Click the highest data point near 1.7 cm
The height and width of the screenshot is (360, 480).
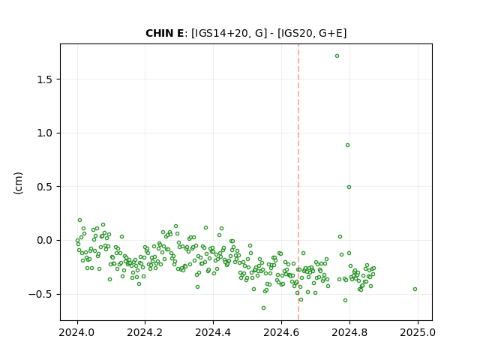(x=337, y=56)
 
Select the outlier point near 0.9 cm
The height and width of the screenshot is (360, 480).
(x=347, y=145)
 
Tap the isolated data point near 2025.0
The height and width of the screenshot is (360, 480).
(x=415, y=289)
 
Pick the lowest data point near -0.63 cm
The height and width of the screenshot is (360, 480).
(x=263, y=308)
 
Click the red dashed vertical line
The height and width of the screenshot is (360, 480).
(x=298, y=182)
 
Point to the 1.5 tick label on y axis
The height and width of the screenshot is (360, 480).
(x=45, y=79)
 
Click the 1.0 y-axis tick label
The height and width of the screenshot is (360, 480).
(x=45, y=133)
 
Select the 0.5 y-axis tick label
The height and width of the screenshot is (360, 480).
(x=45, y=187)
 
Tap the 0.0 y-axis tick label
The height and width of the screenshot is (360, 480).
(x=45, y=240)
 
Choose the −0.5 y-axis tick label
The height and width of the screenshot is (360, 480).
(x=40, y=294)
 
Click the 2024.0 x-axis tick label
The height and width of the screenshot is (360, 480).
(x=77, y=332)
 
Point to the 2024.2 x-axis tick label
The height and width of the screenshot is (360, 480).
(x=145, y=332)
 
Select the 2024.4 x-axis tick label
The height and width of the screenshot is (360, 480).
(x=213, y=332)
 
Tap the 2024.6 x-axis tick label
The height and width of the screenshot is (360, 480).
(x=281, y=332)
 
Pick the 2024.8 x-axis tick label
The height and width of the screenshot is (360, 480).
(x=349, y=332)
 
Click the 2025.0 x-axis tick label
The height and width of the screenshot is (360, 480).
(x=418, y=332)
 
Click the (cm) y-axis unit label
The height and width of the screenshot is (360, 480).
(x=18, y=183)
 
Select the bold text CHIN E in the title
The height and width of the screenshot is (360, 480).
(x=165, y=33)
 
